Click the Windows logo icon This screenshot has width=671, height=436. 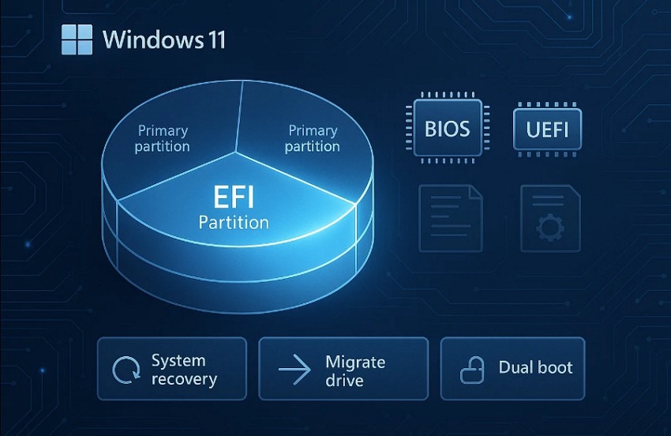click(77, 39)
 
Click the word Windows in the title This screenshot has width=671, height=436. click(149, 39)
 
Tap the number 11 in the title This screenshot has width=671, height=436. click(212, 39)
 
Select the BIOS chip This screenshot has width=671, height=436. click(447, 127)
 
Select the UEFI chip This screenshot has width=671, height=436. click(547, 128)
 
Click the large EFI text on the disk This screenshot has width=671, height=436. click(233, 196)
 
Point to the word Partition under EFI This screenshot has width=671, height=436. click(233, 223)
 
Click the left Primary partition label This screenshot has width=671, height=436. click(163, 138)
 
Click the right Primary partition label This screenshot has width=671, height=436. click(313, 138)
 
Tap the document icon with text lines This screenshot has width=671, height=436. click(450, 217)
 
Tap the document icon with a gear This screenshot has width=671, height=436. click(550, 217)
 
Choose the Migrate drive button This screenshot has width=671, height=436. click(343, 369)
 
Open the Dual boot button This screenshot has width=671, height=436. click(512, 368)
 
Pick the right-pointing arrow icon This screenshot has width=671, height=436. click(294, 370)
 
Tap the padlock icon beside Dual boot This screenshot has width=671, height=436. click(473, 370)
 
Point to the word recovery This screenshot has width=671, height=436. click(184, 379)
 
